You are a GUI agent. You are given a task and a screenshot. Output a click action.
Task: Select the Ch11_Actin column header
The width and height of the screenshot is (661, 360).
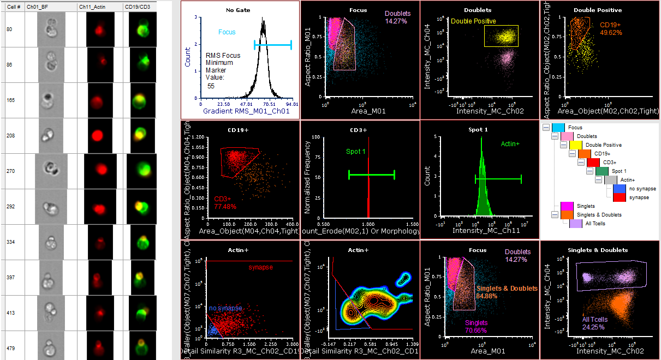(92, 7)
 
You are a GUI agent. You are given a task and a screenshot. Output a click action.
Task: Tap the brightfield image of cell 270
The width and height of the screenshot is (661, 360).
(51, 171)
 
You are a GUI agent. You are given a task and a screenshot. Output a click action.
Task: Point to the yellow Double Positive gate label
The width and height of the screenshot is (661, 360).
(474, 21)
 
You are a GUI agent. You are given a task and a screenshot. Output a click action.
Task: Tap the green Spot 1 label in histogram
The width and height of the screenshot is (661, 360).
(355, 151)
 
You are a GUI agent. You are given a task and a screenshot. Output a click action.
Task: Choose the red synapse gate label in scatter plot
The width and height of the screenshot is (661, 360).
(260, 267)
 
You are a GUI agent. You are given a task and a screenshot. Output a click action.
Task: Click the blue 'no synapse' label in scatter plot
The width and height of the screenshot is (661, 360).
(225, 308)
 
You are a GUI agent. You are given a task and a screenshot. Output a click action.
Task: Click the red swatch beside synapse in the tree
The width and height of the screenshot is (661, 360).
(618, 197)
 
